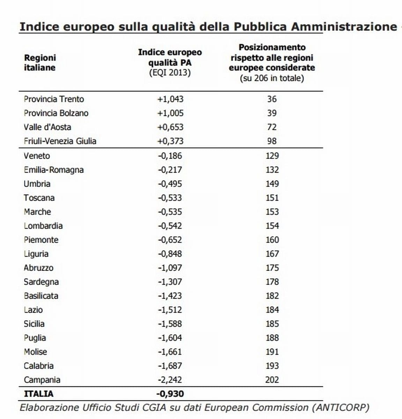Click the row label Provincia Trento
(x=54, y=99)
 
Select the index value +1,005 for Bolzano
(x=170, y=113)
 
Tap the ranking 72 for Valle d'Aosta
(x=272, y=127)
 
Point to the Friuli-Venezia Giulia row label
(x=60, y=141)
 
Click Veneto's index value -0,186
(x=170, y=156)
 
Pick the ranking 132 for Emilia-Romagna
(x=272, y=170)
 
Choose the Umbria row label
(x=37, y=184)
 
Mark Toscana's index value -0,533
(x=170, y=198)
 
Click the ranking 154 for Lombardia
(x=272, y=226)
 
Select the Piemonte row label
(x=41, y=240)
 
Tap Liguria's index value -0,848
(x=170, y=253)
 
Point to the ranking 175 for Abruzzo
(x=272, y=267)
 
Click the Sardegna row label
(x=41, y=282)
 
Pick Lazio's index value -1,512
(x=170, y=310)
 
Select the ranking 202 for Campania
(x=272, y=380)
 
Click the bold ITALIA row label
(x=39, y=394)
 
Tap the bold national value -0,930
(x=170, y=394)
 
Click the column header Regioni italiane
(x=40, y=63)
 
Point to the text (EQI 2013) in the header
(x=170, y=73)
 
